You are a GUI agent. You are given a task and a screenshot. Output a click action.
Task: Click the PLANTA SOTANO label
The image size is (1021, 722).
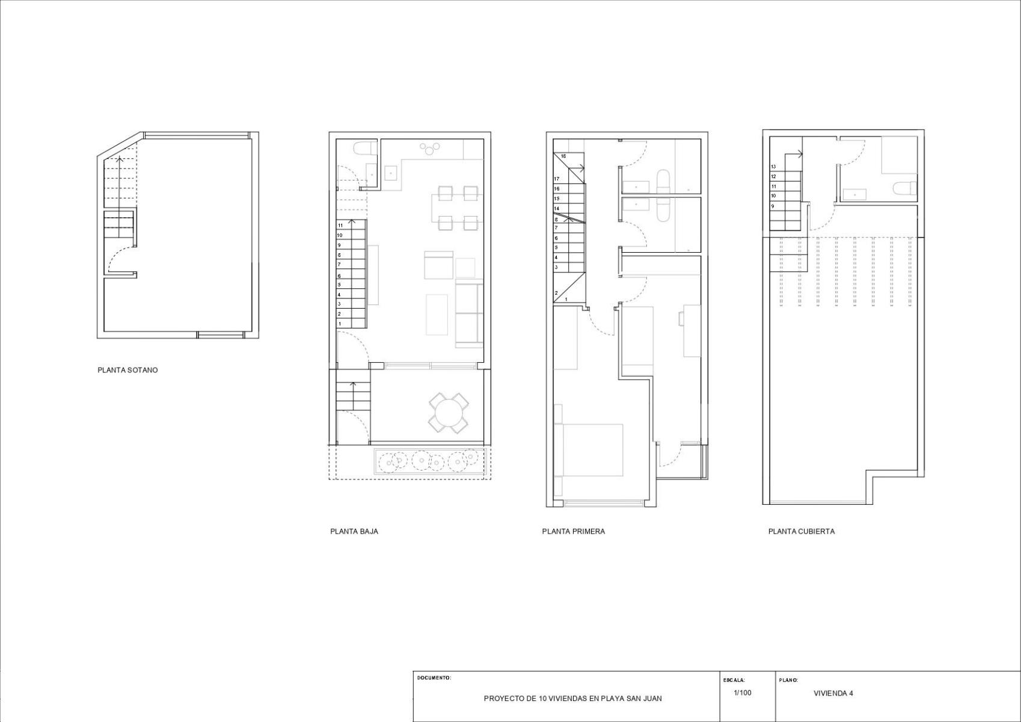pos(127,370)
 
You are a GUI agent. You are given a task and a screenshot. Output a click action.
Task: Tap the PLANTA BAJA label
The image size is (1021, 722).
pos(354,531)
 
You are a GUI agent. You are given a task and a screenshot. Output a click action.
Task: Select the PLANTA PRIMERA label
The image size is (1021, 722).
pos(574,531)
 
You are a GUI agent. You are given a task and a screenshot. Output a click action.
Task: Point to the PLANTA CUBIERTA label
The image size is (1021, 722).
pos(802,531)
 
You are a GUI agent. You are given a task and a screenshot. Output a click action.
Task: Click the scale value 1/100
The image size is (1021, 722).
pos(743,693)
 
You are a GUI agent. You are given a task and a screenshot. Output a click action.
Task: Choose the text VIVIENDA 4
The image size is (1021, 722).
pos(833,693)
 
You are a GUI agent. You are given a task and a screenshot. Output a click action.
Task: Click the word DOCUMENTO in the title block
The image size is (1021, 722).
pos(434,677)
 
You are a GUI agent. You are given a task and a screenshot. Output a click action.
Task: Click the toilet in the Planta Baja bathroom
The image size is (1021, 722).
pos(366,149)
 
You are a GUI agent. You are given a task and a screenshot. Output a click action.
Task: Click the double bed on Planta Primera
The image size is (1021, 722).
pos(588,450)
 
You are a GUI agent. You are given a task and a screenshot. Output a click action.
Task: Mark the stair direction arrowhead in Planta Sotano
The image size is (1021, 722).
pos(120,159)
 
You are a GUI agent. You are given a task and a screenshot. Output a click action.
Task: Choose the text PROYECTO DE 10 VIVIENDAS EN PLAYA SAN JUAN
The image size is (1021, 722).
pos(573,699)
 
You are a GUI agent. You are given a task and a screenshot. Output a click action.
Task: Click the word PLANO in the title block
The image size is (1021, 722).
pos(788,680)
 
